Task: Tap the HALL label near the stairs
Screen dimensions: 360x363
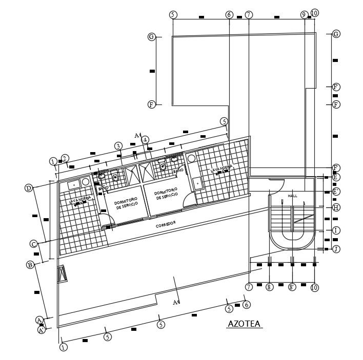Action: pos(292,196)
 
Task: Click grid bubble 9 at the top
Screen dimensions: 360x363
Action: pos(304,14)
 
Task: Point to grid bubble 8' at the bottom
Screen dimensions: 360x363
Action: pos(292,287)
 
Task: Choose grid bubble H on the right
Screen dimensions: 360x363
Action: pos(336,207)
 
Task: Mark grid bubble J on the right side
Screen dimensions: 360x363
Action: pos(336,249)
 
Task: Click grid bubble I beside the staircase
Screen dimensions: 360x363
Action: pos(336,230)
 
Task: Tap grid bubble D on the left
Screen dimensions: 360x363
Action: pos(29,188)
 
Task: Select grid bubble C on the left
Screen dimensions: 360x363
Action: pos(33,244)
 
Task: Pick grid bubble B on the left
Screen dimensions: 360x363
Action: pos(30,265)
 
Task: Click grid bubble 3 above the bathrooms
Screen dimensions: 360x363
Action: pos(118,146)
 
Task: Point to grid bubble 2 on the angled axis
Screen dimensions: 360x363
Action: pos(65,158)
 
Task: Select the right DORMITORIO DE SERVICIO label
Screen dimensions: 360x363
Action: pos(166,193)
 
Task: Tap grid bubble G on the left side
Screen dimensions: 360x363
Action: pos(151,37)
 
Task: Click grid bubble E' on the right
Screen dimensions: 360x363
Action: pos(336,192)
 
